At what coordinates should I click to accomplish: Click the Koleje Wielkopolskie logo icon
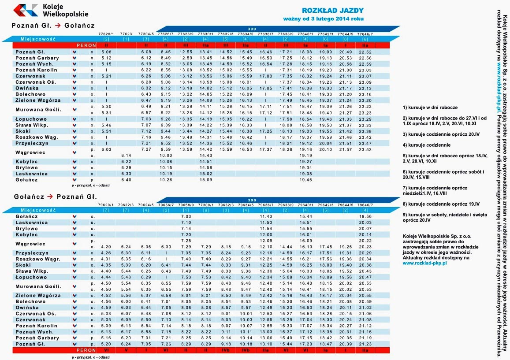[x=26, y=10]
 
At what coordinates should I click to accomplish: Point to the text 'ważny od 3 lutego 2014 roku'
[x=324, y=19]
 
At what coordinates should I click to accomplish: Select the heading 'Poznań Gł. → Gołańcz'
[x=53, y=26]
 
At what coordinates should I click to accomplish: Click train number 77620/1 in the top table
[x=106, y=34]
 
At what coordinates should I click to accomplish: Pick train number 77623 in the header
[x=126, y=34]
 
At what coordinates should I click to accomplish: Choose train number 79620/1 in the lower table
[x=106, y=204]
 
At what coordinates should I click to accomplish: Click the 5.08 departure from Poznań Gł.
[x=106, y=52]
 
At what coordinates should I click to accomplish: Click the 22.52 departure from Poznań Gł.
[x=365, y=52]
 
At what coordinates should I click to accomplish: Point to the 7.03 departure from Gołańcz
[x=186, y=216]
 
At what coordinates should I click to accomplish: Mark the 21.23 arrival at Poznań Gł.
[x=365, y=344]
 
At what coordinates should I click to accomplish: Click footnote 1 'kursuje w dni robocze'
[x=430, y=107]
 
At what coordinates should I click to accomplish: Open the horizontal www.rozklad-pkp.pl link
[x=425, y=263]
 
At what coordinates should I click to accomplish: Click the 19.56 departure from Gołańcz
[x=365, y=216]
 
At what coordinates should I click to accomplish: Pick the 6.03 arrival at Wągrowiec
[x=106, y=149]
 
